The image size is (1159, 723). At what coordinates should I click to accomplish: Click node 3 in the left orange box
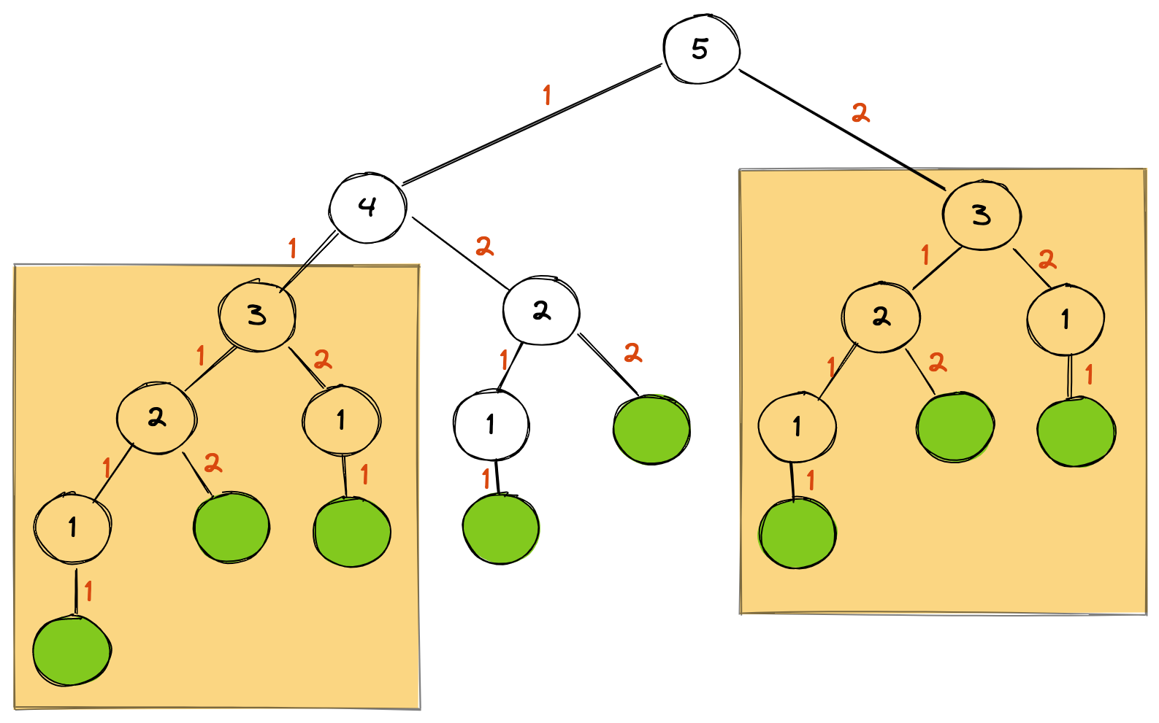[257, 315]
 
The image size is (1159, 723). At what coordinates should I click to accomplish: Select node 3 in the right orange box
[981, 215]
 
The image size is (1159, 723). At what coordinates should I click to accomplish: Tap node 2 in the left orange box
[156, 417]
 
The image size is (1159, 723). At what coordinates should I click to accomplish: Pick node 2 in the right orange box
[881, 317]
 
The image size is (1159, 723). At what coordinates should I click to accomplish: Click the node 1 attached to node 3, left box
[341, 420]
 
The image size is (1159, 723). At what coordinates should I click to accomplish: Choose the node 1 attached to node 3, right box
[1066, 319]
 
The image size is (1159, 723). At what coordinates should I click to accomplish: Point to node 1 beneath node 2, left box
[72, 527]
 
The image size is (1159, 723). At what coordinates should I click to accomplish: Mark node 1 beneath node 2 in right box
[797, 427]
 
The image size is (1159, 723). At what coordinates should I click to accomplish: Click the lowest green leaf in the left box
[72, 651]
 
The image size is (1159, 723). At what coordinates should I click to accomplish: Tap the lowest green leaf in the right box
[797, 533]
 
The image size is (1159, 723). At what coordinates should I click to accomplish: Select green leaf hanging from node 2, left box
[232, 527]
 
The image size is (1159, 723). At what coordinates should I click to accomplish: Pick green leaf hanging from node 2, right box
[955, 427]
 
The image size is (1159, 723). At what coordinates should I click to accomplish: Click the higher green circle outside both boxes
[651, 430]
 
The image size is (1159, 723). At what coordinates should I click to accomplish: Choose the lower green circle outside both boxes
[501, 529]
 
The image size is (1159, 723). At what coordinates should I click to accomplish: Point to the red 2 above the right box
[861, 113]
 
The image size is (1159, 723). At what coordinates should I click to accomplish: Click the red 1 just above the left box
[293, 249]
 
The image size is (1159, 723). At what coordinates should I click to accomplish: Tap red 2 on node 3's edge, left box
[322, 359]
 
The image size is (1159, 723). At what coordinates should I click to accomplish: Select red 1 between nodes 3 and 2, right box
[925, 255]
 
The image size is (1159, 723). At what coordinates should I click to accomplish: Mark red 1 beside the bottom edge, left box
[88, 591]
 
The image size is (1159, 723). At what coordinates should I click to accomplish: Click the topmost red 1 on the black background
[547, 95]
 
